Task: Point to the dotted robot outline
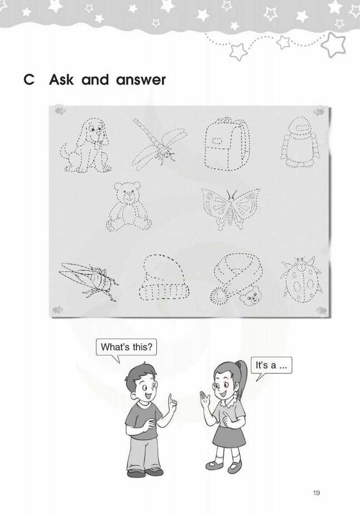(300, 143)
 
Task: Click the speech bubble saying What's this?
(126, 347)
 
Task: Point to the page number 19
(316, 492)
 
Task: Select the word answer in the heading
(141, 80)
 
